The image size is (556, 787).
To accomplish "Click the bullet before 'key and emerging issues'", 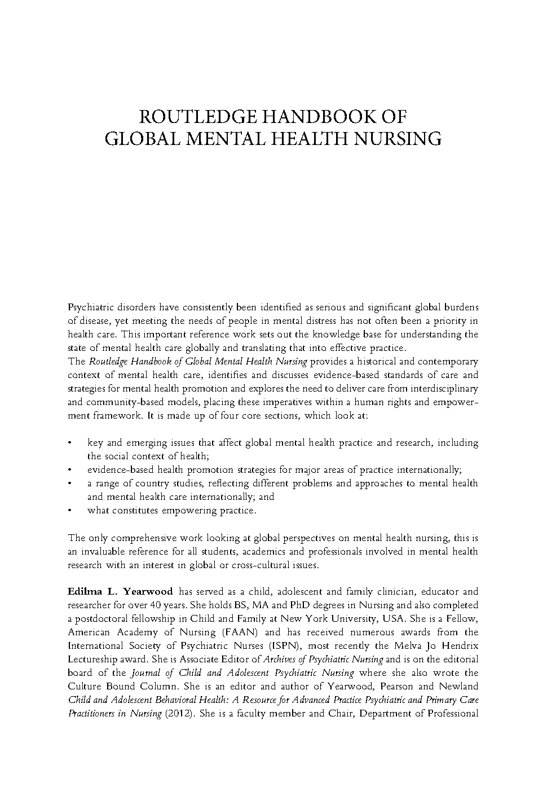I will point(69,443).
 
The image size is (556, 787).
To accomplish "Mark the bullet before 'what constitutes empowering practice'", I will point(69,511).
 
